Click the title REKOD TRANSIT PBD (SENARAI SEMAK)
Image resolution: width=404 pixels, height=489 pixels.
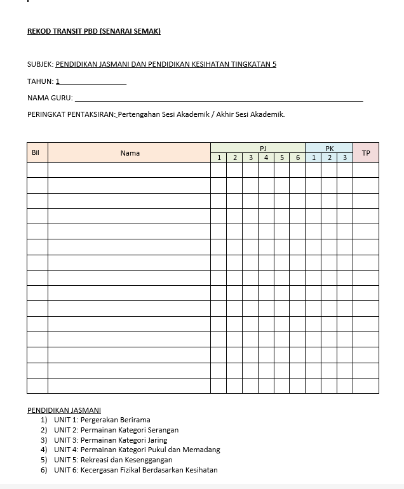pos(93,31)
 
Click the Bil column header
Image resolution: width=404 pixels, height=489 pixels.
pos(36,153)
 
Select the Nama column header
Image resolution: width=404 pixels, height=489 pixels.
pos(130,153)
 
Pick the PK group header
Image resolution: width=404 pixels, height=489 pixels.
pos(329,148)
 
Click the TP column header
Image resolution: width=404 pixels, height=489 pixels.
pos(366,153)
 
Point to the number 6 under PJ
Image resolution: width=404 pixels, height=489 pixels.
pos(297,157)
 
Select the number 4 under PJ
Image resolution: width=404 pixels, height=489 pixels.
pos(266,157)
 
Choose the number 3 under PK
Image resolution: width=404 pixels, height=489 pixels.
pos(345,157)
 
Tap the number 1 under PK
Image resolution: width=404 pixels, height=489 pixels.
pos(313,157)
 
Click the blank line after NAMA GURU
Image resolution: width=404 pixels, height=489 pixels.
pos(219,99)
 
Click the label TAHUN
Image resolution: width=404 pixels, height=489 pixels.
pos(40,81)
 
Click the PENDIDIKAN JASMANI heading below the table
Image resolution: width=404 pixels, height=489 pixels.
pos(64,410)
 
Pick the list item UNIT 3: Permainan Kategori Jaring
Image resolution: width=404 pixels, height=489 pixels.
pos(111,440)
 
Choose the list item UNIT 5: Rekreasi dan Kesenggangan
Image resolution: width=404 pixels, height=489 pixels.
pos(113,460)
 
